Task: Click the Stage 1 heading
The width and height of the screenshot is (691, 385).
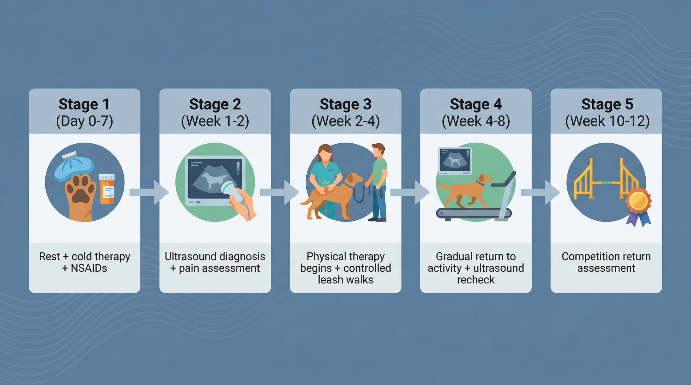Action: [84, 104]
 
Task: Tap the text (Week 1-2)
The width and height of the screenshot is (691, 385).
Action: [215, 121]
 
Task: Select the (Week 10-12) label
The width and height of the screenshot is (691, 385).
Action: [607, 121]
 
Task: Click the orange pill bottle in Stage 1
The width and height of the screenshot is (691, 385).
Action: [107, 189]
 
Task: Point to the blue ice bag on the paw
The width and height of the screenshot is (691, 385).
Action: [74, 168]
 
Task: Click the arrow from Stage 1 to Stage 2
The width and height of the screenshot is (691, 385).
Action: [149, 192]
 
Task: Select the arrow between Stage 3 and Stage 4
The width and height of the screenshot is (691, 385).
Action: [410, 192]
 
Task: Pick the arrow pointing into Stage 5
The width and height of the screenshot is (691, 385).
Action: [540, 192]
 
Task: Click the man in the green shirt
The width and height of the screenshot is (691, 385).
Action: [379, 182]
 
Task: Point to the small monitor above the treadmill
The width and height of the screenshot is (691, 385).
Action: [455, 161]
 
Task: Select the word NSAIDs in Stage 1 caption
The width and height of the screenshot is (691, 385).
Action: [89, 268]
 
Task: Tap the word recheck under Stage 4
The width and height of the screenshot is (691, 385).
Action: [476, 280]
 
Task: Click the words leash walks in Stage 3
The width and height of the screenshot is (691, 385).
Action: [345, 280]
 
